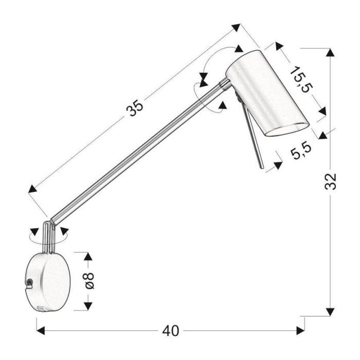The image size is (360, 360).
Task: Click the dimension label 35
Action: [x=135, y=107]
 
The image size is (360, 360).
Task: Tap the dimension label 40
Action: [x=170, y=331]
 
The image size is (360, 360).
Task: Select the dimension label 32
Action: [x=330, y=182]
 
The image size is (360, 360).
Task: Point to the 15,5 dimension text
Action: [x=301, y=79]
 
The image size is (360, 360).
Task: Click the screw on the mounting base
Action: [x=29, y=282]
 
